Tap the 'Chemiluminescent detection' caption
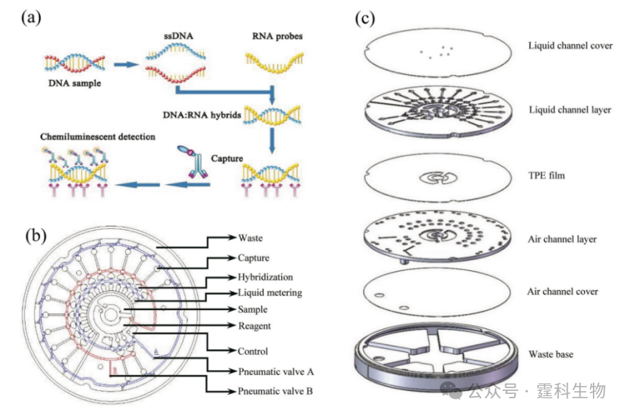99,136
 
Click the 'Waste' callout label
250,238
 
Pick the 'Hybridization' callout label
265,277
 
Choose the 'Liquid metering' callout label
270,293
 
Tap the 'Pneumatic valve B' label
275,391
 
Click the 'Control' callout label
253,351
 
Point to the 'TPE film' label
546,176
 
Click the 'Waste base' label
551,354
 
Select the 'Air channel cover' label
563,292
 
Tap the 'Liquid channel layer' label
569,110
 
